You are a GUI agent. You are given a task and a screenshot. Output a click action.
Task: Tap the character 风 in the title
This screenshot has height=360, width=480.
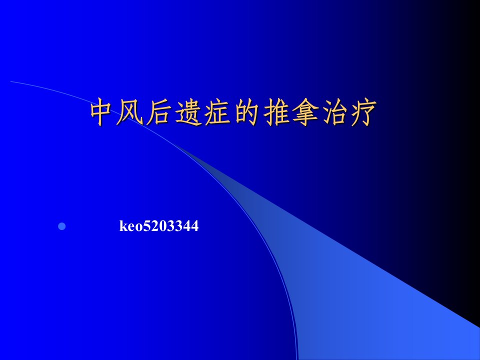130,112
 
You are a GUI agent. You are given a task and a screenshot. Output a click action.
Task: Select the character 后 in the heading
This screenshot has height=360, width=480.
158,112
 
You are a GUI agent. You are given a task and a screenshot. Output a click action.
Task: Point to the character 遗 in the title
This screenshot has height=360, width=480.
187,112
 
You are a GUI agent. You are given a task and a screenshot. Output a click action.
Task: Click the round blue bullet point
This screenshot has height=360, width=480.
62,226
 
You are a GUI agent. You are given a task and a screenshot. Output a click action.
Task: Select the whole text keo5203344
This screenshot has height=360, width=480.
159,226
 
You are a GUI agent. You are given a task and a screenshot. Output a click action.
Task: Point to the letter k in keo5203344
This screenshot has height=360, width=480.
123,226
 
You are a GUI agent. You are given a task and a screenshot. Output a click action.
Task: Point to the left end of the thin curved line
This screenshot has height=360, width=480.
10,81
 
